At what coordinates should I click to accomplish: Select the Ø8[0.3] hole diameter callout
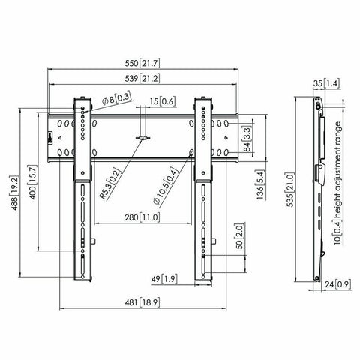(x=112, y=97)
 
